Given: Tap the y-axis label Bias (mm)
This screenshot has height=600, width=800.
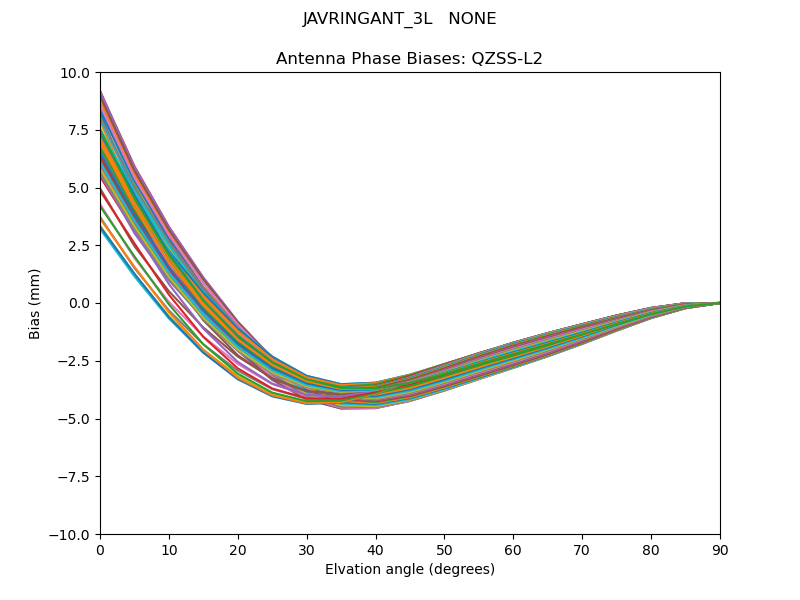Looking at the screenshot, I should pyautogui.click(x=35, y=303).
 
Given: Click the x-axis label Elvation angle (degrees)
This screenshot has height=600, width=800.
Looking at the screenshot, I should pyautogui.click(x=410, y=570).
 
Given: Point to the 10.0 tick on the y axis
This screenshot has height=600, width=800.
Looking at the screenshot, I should pyautogui.click(x=76, y=73).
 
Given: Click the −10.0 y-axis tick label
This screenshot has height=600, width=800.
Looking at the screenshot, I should pyautogui.click(x=72, y=535).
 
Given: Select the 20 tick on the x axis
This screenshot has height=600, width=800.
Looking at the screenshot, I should pyautogui.click(x=238, y=549).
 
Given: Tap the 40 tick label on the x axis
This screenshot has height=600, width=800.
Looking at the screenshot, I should pyautogui.click(x=376, y=549).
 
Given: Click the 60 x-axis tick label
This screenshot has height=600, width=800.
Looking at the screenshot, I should pyautogui.click(x=513, y=549).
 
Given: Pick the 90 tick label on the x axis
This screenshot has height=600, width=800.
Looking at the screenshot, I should pyautogui.click(x=720, y=549).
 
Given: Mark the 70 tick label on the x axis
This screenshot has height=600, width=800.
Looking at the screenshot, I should pyautogui.click(x=582, y=549).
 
